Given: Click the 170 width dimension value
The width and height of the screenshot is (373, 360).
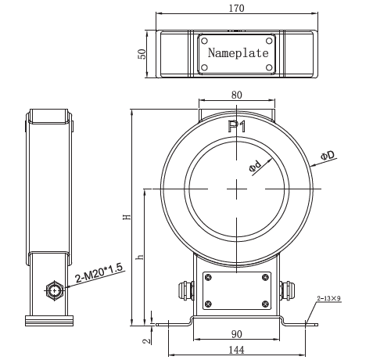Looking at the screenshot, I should pyautogui.click(x=238, y=9).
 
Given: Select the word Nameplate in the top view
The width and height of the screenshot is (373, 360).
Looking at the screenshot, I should pyautogui.click(x=238, y=53).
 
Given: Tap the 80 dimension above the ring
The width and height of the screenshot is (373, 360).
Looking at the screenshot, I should pyautogui.click(x=236, y=95).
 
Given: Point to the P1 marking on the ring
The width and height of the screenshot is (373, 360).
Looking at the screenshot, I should pyautogui.click(x=236, y=126).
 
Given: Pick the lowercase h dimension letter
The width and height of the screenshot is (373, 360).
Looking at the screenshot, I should pyautogui.click(x=139, y=257).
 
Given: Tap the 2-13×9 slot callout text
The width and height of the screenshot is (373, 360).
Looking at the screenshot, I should pyautogui.click(x=330, y=298).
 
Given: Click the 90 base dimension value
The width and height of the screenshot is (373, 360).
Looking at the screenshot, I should pyautogui.click(x=236, y=334).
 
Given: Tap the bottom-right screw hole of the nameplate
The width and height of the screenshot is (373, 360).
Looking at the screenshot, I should pyautogui.click(x=271, y=67).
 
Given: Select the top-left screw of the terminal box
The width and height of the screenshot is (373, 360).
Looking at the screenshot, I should pyautogui.click(x=209, y=277).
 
